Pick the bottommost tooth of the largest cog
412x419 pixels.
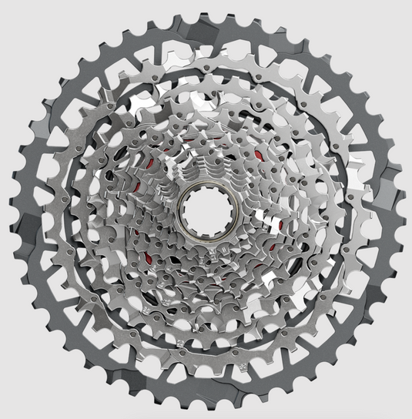click(x=207, y=409)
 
